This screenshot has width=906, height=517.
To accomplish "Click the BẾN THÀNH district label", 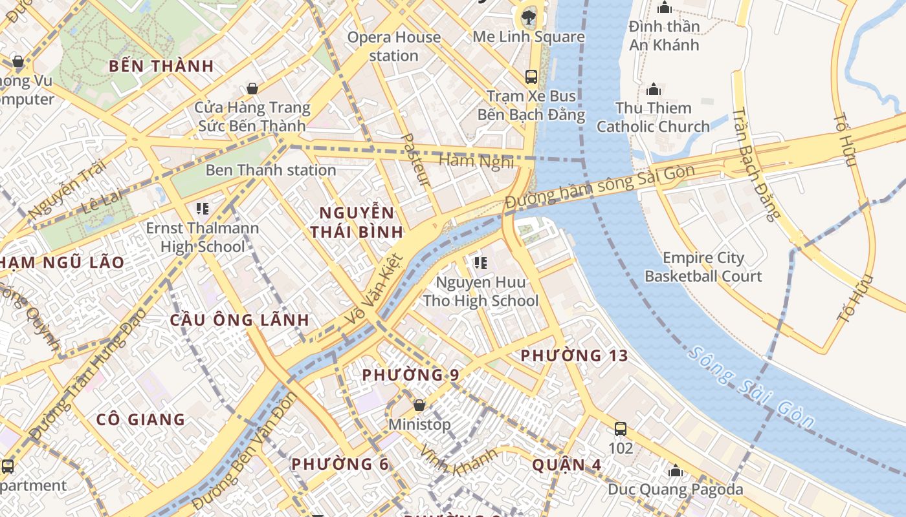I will pos(161,66).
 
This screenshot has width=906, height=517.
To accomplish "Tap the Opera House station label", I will pos(394,47).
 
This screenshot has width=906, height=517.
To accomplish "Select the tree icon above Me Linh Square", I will pos(529,17).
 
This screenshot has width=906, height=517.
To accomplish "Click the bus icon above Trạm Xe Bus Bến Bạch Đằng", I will pos(531,77).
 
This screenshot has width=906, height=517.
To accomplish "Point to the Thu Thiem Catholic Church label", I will pos(653,117).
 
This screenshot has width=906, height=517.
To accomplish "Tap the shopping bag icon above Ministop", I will pos(419,406).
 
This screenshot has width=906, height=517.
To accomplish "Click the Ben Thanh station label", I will pos(271,171).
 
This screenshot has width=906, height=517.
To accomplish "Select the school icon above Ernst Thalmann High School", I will pos(202,209).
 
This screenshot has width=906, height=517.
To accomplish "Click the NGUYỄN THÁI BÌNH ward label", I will pos(357,222).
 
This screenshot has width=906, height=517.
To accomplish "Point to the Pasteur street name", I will pos(415,160).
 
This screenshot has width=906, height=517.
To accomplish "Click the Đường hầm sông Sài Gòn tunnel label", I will pos(600,187).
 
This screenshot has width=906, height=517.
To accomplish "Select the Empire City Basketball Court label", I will pos(703,267).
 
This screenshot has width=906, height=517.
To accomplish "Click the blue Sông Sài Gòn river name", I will pos(751,388).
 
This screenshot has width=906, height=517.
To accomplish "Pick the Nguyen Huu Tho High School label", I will pos(480,291).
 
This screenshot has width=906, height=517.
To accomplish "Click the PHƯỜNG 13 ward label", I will pos(574,355).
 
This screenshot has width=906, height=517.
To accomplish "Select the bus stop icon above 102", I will pos(621,428).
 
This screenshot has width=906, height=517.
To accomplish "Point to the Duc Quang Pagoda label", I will pos(676,489).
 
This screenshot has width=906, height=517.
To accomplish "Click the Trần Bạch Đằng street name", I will pos(753,165).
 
